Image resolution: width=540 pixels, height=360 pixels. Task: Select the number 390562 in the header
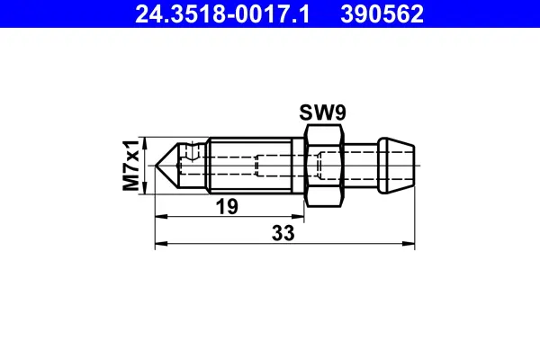point(381,14)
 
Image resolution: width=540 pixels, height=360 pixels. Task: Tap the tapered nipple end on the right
point(396,165)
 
